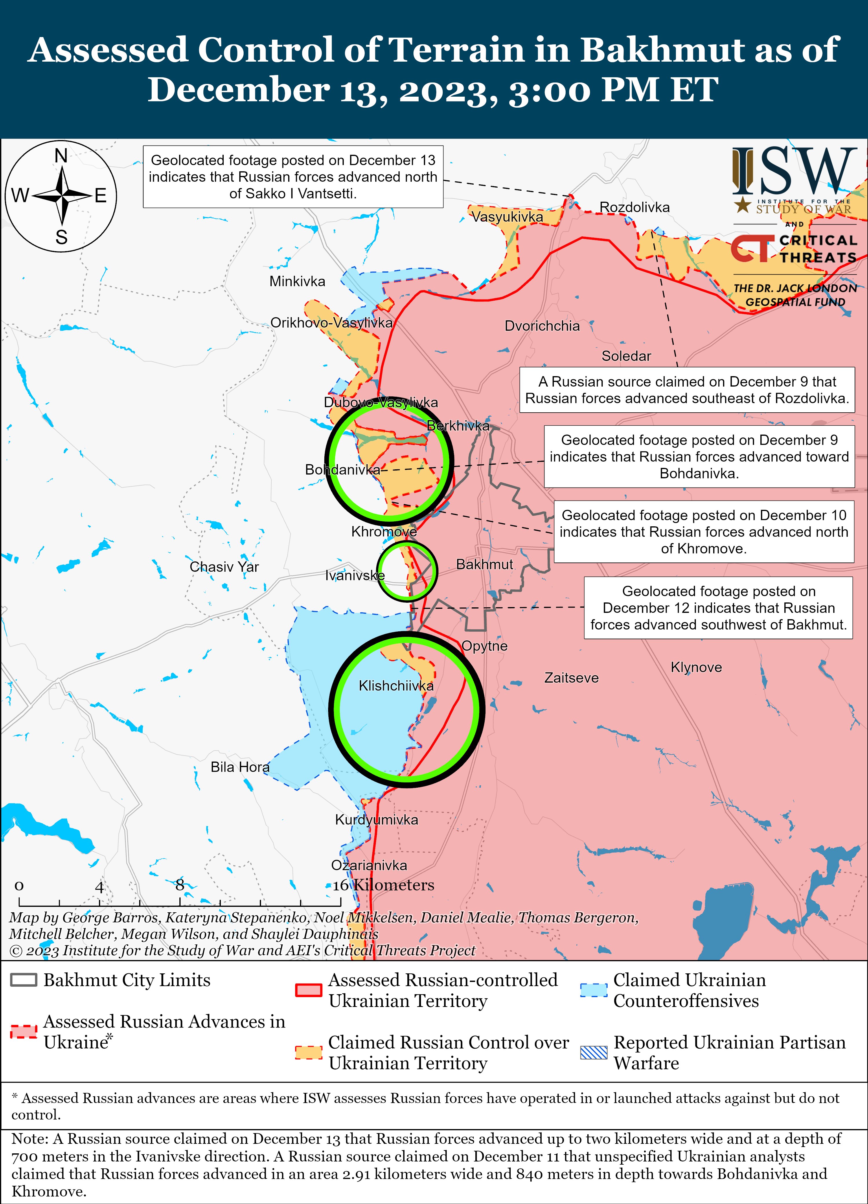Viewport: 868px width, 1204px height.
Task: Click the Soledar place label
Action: [x=626, y=356]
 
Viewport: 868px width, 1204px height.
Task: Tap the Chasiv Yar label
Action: [x=224, y=567]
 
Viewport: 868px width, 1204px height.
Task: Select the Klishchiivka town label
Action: [x=396, y=686]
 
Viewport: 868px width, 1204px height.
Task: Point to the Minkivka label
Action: [x=297, y=281]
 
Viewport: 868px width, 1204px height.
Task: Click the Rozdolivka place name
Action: [x=635, y=207]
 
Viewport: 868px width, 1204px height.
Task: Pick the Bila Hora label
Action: [x=240, y=767]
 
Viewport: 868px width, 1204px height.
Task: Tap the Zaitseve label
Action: [x=571, y=678]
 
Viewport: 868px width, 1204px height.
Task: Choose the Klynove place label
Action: [x=696, y=667]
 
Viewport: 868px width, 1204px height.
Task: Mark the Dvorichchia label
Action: [x=542, y=326]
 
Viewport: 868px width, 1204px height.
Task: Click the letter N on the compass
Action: [x=61, y=156]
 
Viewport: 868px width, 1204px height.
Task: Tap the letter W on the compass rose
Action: [x=20, y=195]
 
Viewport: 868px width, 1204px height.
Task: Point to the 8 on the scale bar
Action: [x=180, y=885]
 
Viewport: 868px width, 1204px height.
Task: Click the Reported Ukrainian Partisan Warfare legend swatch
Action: [x=593, y=1053]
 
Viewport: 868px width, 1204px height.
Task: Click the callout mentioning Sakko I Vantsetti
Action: [x=293, y=177]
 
